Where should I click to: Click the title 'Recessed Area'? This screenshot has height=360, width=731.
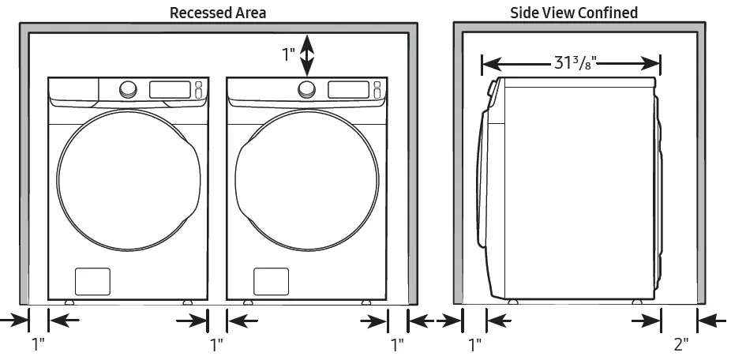218,13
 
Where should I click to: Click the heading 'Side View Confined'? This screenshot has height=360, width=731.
573,13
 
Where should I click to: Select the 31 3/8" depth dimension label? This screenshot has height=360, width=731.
571,62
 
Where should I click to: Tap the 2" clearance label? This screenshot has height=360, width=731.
680,343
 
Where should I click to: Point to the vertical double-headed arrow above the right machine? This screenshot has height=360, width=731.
308,54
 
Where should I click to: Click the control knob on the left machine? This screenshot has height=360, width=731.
127,90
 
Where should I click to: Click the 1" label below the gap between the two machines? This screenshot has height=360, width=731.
217,344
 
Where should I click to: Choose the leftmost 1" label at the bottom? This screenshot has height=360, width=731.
38,344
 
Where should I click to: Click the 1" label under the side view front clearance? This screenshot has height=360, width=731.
474,344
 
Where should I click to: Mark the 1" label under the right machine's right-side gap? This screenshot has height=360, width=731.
397,344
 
